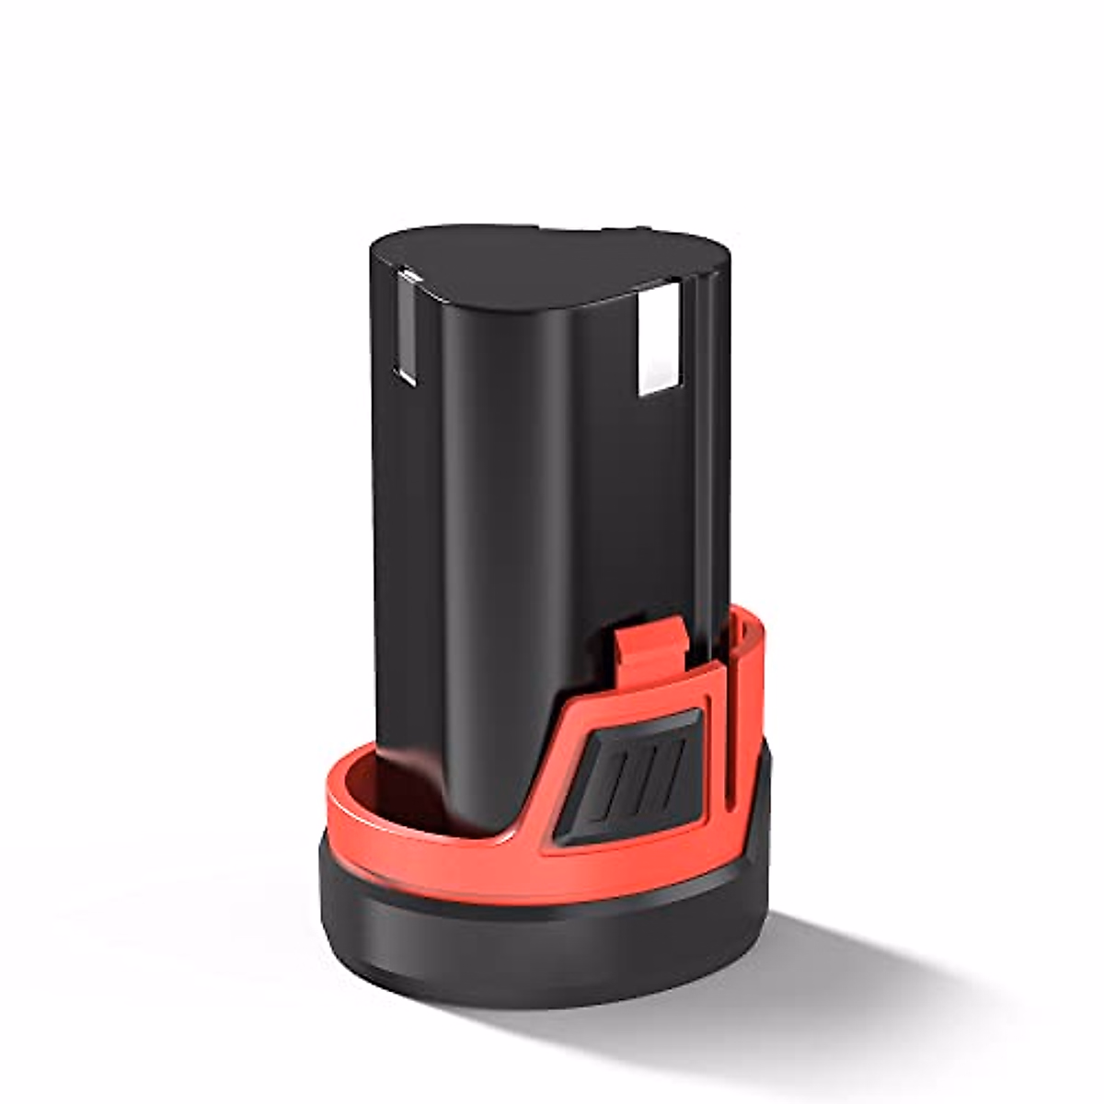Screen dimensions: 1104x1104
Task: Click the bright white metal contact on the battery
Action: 658,338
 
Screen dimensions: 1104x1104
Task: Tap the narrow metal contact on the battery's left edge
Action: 406,327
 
